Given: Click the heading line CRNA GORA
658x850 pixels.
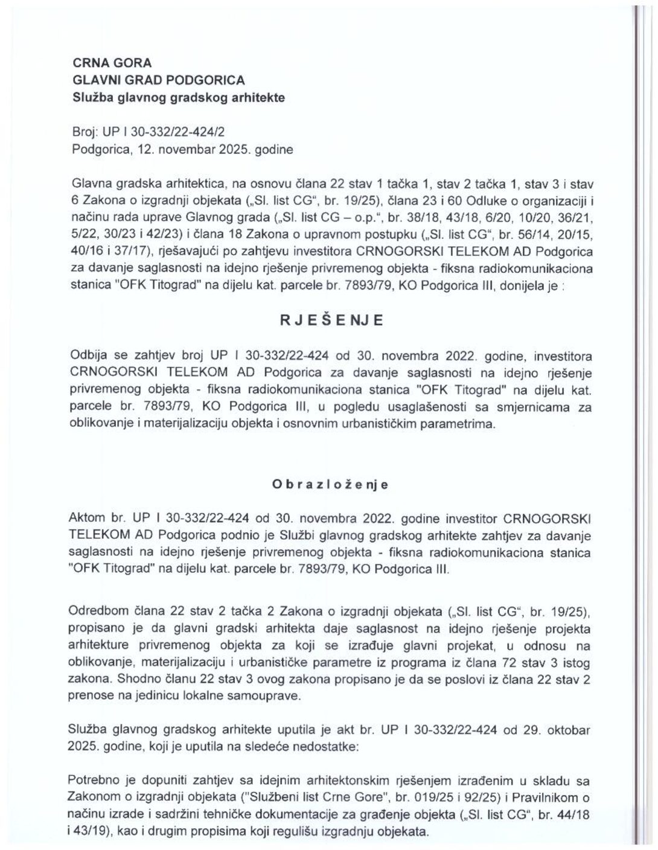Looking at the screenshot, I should point(112,63).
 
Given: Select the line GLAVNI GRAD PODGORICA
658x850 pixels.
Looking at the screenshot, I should point(158,80).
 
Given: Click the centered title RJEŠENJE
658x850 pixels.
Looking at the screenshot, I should point(331,321).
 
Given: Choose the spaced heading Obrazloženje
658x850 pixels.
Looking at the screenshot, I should point(330,485).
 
